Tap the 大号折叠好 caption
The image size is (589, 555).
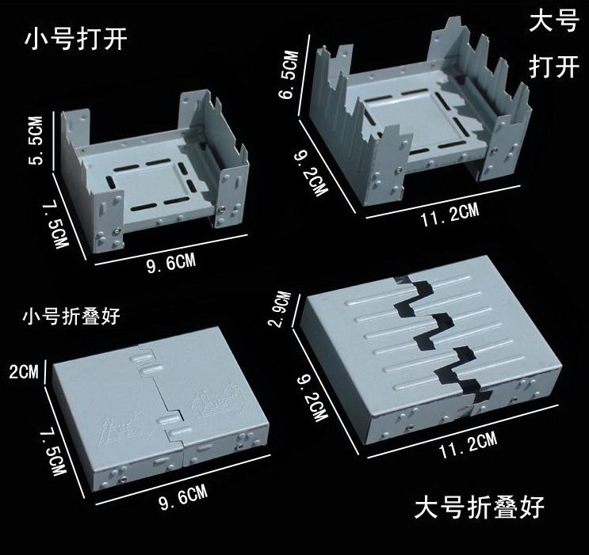(x=480, y=505)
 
